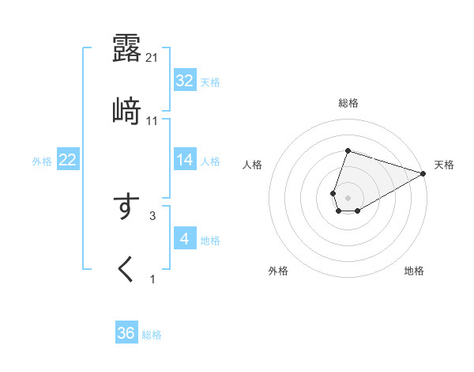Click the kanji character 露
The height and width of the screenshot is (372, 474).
(126, 47)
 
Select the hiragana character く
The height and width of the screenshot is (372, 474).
(126, 269)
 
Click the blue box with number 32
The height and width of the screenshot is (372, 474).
(185, 81)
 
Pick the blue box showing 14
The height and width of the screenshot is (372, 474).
(185, 160)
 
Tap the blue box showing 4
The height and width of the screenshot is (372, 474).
(185, 239)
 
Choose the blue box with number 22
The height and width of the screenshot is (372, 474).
(68, 160)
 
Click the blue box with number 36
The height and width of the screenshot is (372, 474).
(126, 333)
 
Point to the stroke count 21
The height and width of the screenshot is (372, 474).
(153, 57)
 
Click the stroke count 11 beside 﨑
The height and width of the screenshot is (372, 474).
(152, 120)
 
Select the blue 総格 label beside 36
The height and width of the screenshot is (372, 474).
(152, 334)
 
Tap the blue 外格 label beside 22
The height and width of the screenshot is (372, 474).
(42, 161)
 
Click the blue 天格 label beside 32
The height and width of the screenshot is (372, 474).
(210, 82)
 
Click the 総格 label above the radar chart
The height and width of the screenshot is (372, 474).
(348, 103)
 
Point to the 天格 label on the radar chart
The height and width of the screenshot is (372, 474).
(444, 165)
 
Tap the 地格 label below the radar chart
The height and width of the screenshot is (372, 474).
(414, 271)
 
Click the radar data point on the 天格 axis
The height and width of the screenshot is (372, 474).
(423, 173)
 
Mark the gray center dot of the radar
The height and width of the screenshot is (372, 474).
(348, 196)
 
